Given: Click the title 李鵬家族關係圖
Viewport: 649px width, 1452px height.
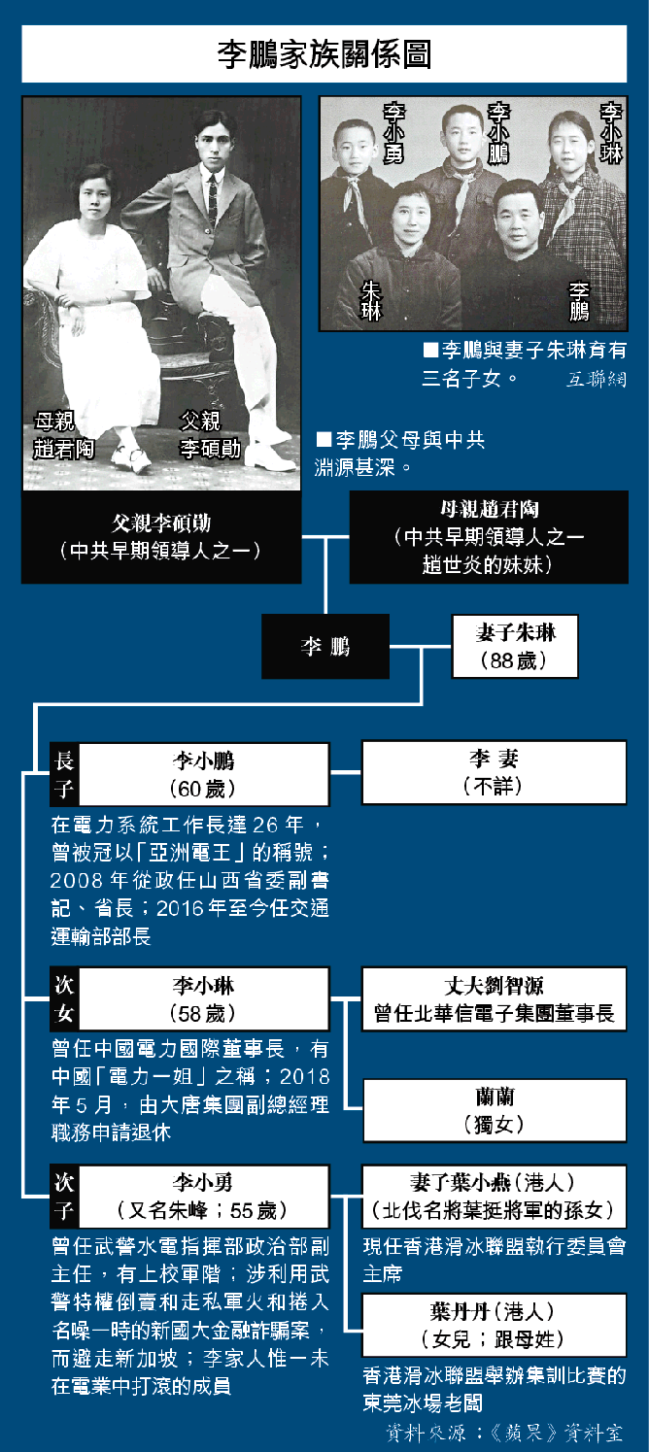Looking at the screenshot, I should point(324,54).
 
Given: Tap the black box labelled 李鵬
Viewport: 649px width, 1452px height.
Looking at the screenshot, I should point(324,647).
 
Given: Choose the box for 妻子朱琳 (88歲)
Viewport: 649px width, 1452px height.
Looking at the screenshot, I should point(515,646).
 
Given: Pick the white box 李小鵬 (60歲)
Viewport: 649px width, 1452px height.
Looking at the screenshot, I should point(203,773).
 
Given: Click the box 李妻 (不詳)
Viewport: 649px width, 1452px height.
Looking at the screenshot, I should point(494,773).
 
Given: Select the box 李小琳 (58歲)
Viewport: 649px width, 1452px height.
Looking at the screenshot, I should point(203,999).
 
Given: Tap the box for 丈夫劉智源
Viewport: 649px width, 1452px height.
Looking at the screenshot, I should point(494,999).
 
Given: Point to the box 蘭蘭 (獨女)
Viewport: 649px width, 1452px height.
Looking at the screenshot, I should point(494,1110).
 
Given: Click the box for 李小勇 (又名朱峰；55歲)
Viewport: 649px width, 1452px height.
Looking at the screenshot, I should point(203,1197).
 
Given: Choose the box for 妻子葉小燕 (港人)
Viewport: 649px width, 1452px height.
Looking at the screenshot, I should point(494,1197).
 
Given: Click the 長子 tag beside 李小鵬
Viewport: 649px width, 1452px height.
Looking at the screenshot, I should point(64,773).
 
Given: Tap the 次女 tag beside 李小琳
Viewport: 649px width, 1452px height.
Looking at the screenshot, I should point(64,999).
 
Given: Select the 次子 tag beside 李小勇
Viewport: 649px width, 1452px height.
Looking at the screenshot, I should point(64,1197).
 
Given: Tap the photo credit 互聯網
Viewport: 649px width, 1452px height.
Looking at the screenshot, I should point(597,379).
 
